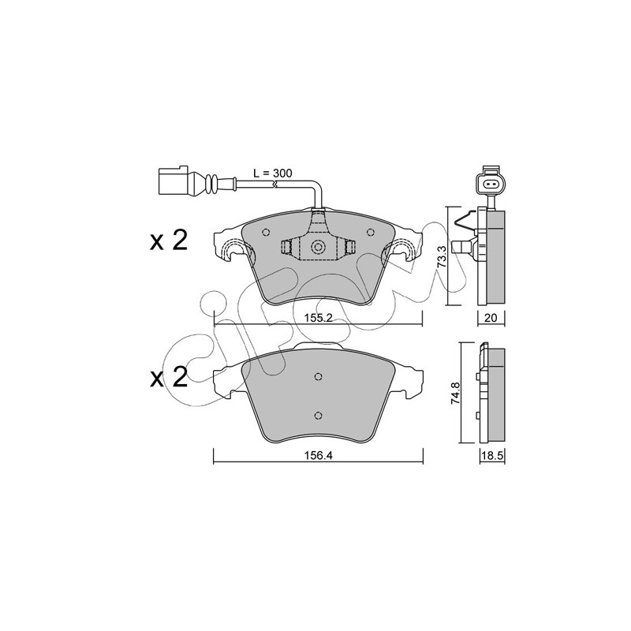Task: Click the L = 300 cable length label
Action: click(x=272, y=174)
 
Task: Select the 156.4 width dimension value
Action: click(x=318, y=455)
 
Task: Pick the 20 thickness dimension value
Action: click(x=491, y=318)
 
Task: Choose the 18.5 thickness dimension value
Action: click(x=492, y=455)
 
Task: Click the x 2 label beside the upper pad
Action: click(x=169, y=241)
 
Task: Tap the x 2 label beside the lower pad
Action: click(x=169, y=379)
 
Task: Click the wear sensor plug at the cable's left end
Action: click(x=173, y=182)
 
